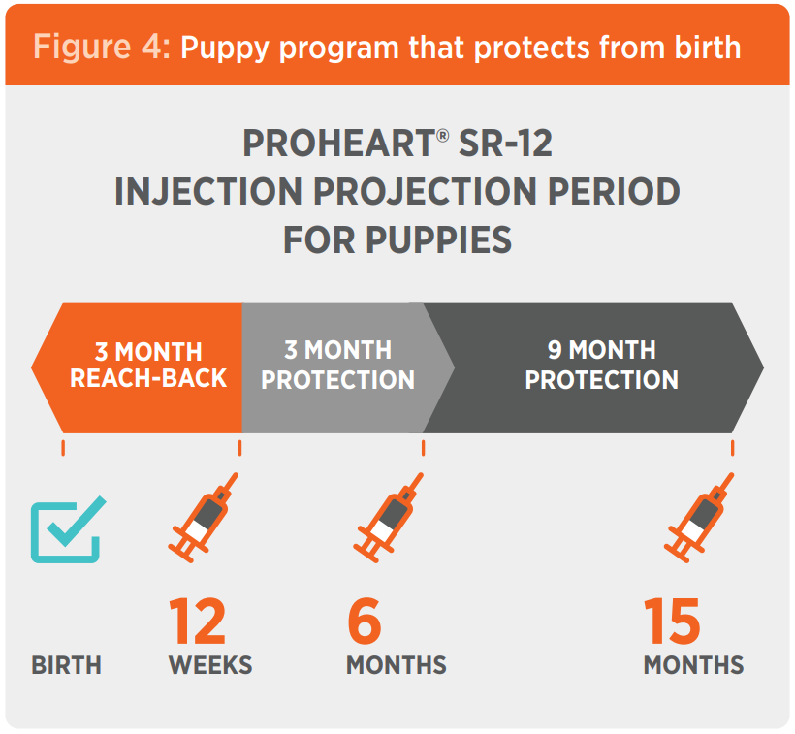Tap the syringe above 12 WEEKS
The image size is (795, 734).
[203, 518]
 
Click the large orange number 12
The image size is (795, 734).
[197, 622]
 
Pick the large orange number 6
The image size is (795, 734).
[365, 622]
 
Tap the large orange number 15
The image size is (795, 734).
[672, 622]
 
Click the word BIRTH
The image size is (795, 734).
[66, 665]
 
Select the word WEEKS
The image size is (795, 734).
[210, 665]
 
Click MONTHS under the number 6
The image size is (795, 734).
[397, 665]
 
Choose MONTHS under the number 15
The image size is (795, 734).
[693, 665]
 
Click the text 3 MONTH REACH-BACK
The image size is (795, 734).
[148, 365]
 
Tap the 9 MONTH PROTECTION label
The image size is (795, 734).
[601, 365]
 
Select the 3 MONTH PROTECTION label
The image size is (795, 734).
[337, 365]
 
